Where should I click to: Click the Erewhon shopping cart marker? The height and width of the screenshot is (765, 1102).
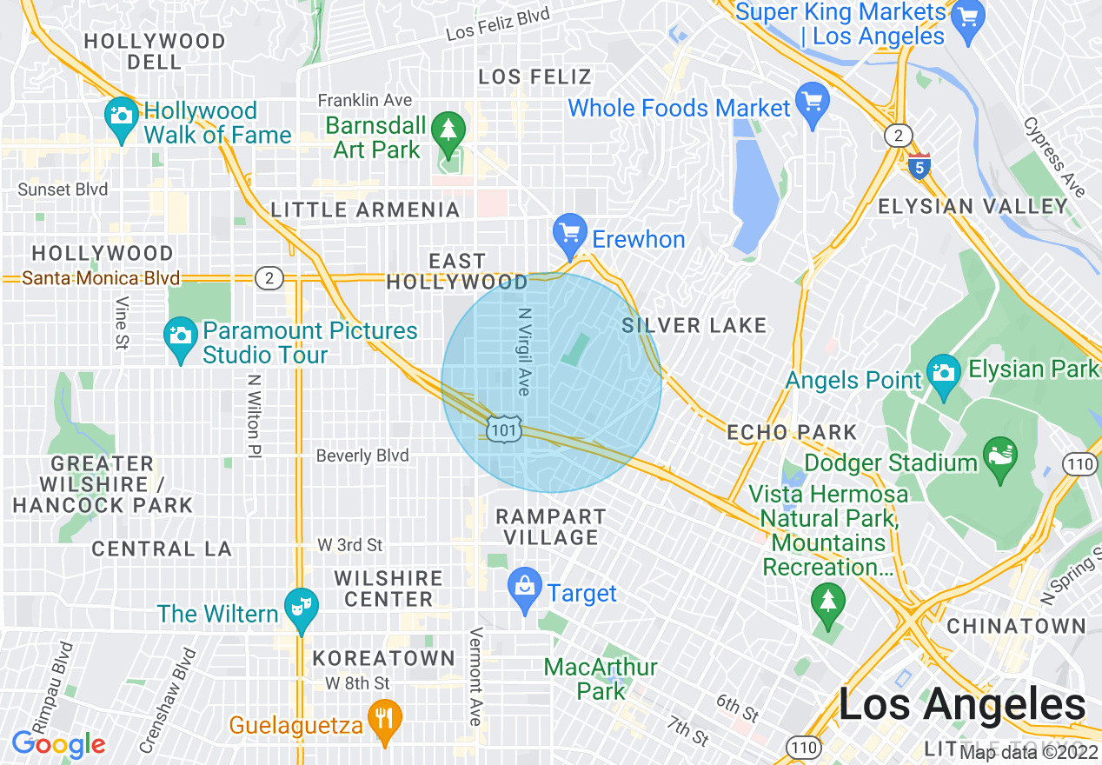pyautogui.click(x=570, y=233)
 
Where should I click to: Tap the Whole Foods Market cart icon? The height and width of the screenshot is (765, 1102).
pyautogui.click(x=813, y=103)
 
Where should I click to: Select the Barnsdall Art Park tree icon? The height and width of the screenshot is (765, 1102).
pyautogui.click(x=448, y=130)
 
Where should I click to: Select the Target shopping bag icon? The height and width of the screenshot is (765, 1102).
pyautogui.click(x=525, y=588)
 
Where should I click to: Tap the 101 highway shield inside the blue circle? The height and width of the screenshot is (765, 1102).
pyautogui.click(x=504, y=429)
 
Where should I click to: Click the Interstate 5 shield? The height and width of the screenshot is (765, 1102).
pyautogui.click(x=919, y=167)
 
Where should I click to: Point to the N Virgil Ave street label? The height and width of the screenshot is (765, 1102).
pyautogui.click(x=523, y=351)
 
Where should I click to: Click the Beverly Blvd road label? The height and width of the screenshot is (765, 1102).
pyautogui.click(x=362, y=456)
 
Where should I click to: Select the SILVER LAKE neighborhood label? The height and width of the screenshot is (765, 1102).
pyautogui.click(x=694, y=326)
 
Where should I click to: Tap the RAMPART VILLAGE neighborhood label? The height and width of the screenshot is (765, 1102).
pyautogui.click(x=548, y=527)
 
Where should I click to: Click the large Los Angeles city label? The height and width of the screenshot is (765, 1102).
pyautogui.click(x=962, y=704)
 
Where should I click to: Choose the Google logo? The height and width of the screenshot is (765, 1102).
pyautogui.click(x=58, y=744)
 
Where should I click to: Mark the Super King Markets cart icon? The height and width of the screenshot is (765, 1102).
pyautogui.click(x=967, y=19)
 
